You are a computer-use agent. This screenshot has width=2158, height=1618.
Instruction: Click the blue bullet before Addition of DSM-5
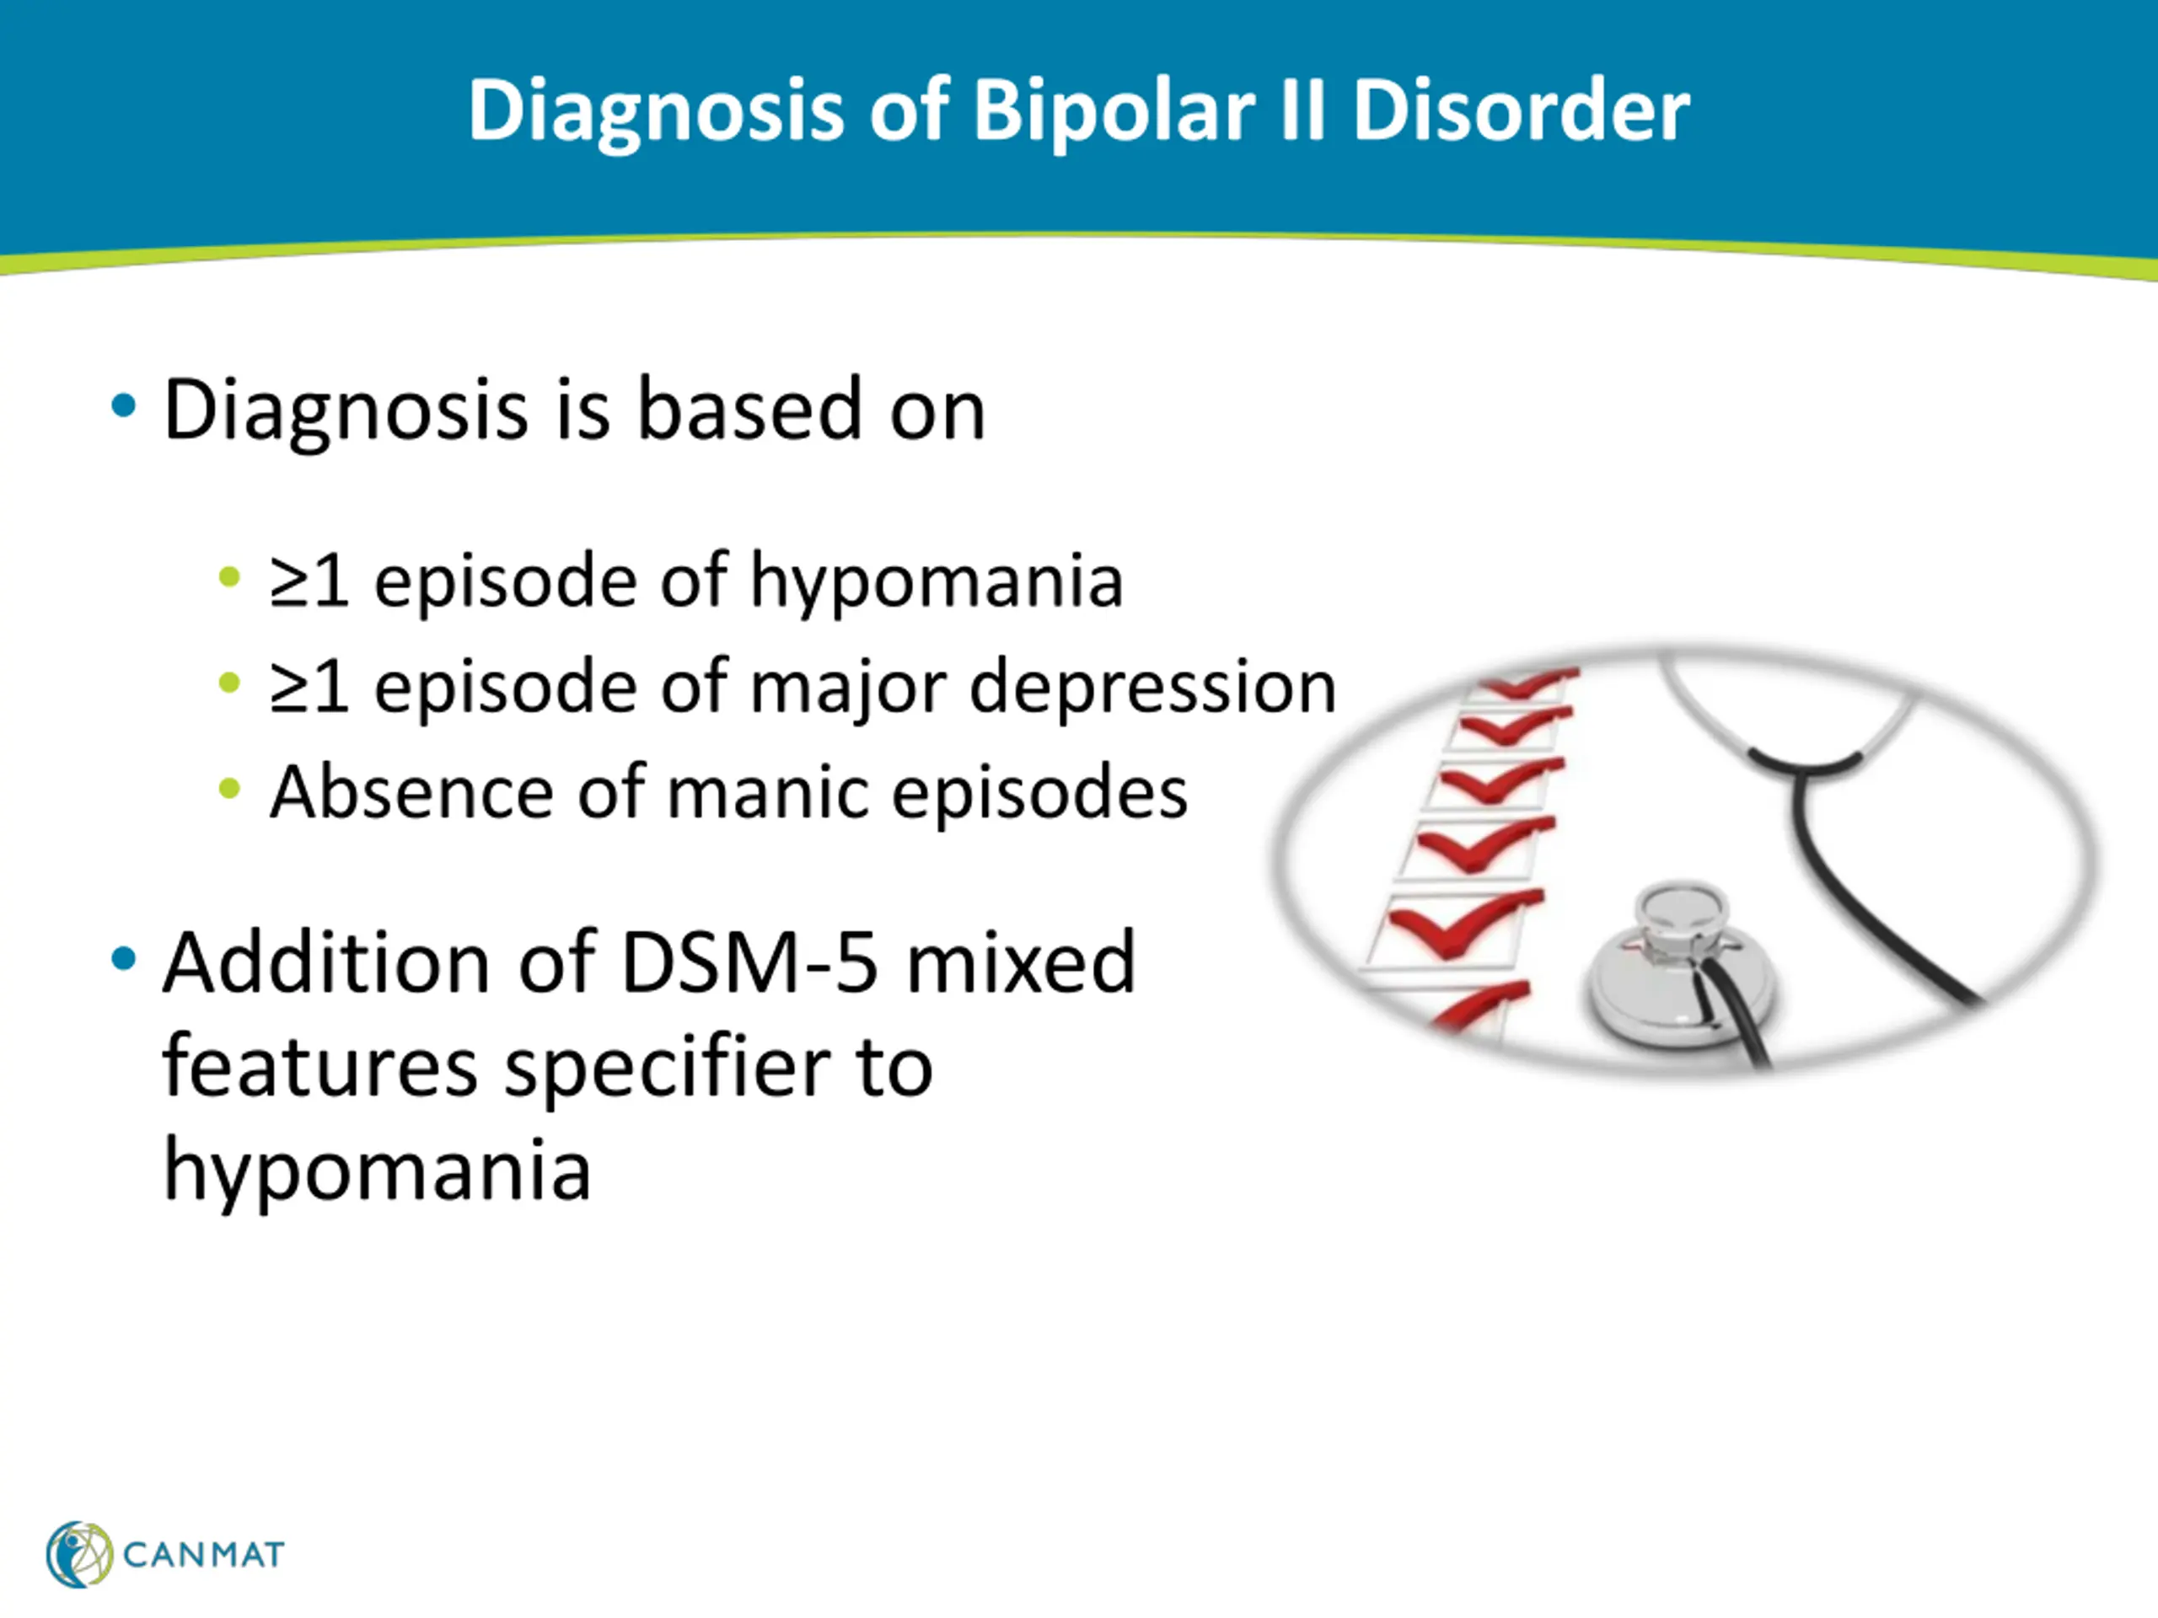click(123, 959)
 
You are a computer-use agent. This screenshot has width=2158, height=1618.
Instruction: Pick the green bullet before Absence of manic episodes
click(229, 788)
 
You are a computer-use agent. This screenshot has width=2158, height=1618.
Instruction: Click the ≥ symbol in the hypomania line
click(289, 582)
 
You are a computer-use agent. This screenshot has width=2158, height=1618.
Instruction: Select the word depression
click(1152, 688)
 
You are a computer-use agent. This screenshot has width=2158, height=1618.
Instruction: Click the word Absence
click(409, 791)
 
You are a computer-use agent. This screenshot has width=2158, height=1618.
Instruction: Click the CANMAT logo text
click(204, 1555)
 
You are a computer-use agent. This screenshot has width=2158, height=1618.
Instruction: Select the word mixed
click(1021, 962)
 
